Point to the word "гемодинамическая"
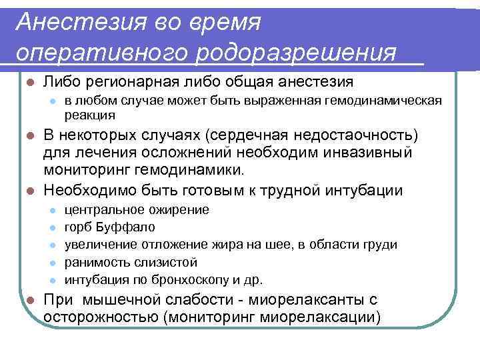pos(382,101)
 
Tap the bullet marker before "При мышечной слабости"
pos(28,300)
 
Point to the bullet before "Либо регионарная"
pos(28,83)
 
